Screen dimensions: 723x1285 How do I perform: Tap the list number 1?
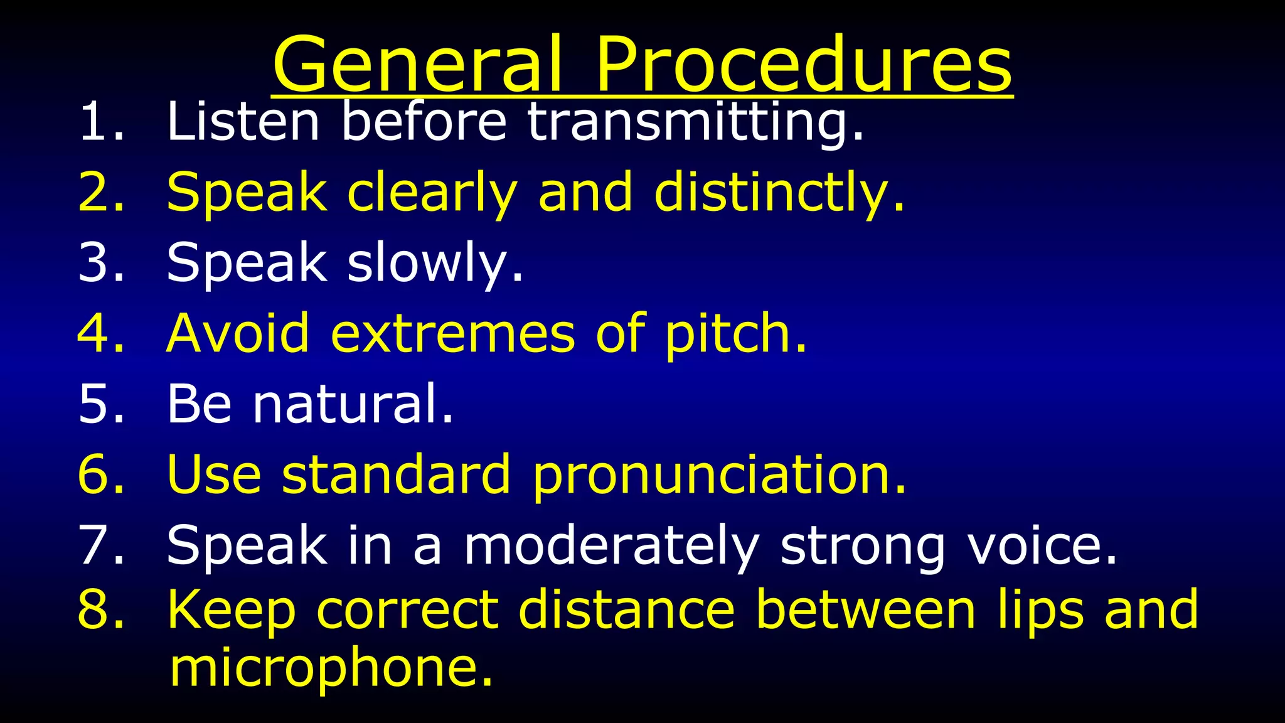pos(100,121)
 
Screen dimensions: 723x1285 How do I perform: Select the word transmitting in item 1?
pos(695,122)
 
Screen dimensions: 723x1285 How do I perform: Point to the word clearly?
pos(432,193)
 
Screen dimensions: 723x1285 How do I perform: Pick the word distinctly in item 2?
pos(778,193)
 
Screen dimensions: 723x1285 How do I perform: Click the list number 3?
pos(100,262)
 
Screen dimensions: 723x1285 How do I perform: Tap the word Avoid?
pos(238,333)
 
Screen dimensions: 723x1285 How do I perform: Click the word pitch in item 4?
pos(734,335)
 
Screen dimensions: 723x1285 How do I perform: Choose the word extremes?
pos(452,333)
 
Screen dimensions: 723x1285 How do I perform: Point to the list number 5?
pos(100,404)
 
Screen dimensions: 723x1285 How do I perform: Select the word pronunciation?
pos(718,476)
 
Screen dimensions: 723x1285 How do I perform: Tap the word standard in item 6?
pos(396,474)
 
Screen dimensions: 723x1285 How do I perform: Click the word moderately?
pos(611,546)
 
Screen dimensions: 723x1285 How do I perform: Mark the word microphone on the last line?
pos(331,668)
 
